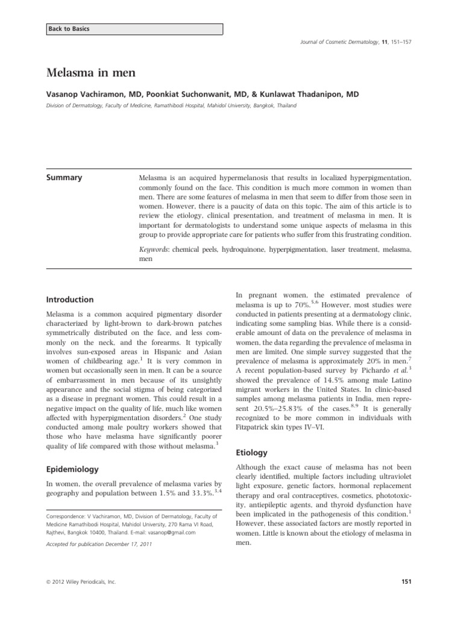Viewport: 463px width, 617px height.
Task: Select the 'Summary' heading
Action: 65,177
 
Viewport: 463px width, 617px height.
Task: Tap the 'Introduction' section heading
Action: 70,299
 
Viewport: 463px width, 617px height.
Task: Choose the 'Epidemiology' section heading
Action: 73,468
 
